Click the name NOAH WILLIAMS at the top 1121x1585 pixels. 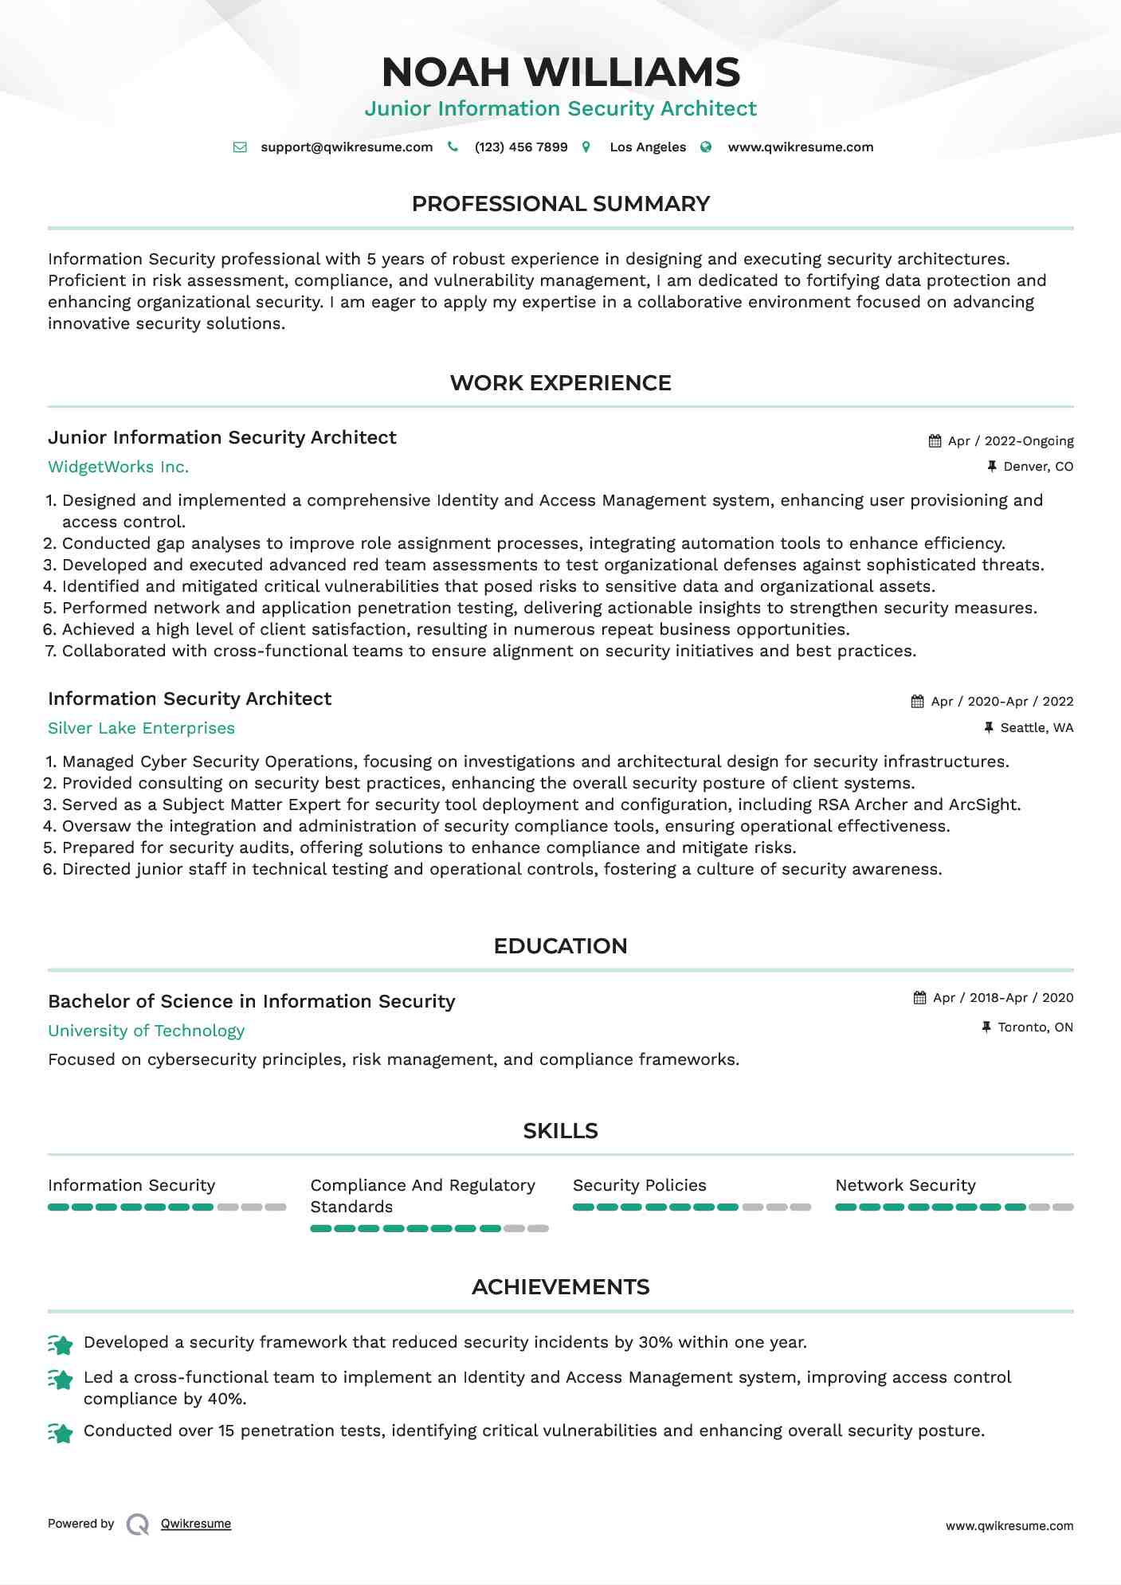tap(560, 72)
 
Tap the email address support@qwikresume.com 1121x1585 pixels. tap(347, 147)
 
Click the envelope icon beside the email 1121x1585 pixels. tap(240, 147)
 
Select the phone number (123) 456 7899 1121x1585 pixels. tap(521, 147)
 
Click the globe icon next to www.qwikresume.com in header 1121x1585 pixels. tap(706, 147)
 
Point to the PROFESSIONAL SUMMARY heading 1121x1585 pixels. tap(560, 204)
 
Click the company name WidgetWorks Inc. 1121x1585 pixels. tap(119, 468)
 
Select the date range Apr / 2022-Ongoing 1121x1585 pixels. tap(1010, 441)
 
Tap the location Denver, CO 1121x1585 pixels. tap(1038, 467)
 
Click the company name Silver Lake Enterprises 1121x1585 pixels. tap(141, 729)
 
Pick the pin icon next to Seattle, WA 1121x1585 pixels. tap(989, 727)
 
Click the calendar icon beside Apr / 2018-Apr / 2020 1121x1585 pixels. tap(920, 998)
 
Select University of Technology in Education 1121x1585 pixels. tap(146, 1031)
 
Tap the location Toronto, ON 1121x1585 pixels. tap(1035, 1027)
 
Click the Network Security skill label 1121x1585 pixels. tap(905, 1185)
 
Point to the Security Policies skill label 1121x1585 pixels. tap(639, 1185)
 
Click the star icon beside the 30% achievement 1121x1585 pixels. tap(61, 1344)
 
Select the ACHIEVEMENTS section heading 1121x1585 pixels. tap(560, 1287)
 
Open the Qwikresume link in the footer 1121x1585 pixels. tap(196, 1524)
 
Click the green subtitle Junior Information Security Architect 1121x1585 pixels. tap(560, 109)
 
